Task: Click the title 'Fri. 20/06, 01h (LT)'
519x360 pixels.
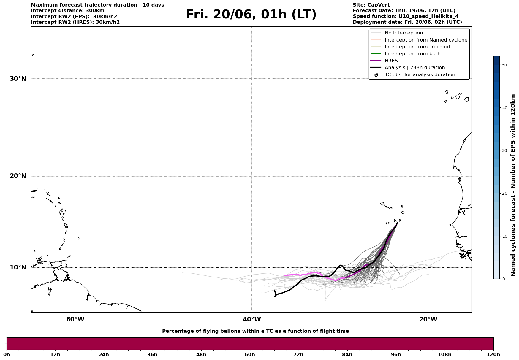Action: [x=251, y=15]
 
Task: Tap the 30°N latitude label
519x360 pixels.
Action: [x=18, y=79]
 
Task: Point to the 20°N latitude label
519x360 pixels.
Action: [x=18, y=176]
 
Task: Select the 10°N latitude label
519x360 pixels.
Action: [x=18, y=267]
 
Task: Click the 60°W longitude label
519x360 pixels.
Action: [x=75, y=319]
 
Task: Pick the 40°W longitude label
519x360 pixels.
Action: [x=252, y=319]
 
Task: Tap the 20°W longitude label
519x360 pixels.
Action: [x=428, y=319]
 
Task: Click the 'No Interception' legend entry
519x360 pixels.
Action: [x=404, y=33]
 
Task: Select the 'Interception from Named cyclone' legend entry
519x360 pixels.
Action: [x=426, y=40]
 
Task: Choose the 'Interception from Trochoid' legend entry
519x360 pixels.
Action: [x=417, y=47]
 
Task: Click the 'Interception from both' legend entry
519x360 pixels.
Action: [x=412, y=54]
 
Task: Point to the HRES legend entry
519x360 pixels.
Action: [x=391, y=61]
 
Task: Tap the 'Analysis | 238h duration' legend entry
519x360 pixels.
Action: [x=414, y=68]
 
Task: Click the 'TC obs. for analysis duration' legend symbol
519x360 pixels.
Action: [x=376, y=75]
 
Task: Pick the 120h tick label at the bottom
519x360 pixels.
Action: [x=493, y=354]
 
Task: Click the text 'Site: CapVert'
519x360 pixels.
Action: [x=371, y=5]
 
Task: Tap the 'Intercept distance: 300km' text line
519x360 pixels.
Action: [x=67, y=11]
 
